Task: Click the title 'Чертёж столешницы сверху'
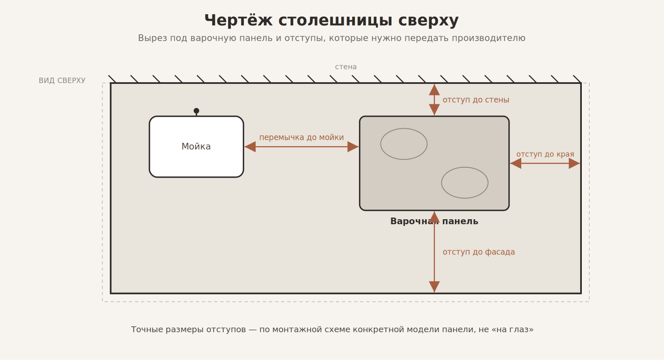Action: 332,20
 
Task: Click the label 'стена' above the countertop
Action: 346,67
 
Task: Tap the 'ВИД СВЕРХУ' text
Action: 62,81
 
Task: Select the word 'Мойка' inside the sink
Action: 196,147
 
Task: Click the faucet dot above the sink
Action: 196,110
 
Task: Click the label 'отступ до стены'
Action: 476,100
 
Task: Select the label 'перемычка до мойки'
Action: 301,137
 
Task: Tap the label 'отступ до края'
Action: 545,154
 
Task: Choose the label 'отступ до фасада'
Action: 479,252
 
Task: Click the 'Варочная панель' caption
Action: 434,221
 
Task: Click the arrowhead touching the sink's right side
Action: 250,147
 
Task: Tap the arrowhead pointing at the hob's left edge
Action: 353,147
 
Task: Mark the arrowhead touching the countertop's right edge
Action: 574,164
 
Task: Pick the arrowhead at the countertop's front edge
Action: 434,287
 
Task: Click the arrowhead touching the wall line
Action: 434,90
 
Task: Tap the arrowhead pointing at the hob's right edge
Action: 516,164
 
